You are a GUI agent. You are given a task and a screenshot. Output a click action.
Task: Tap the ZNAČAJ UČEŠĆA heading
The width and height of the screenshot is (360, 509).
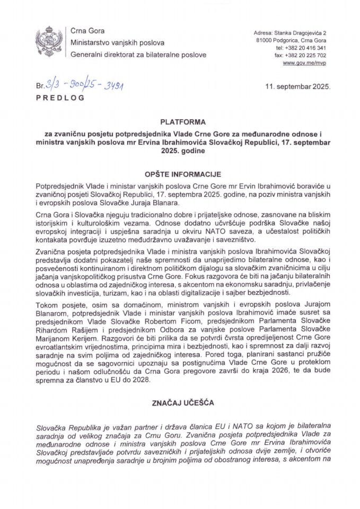point(180,403)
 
